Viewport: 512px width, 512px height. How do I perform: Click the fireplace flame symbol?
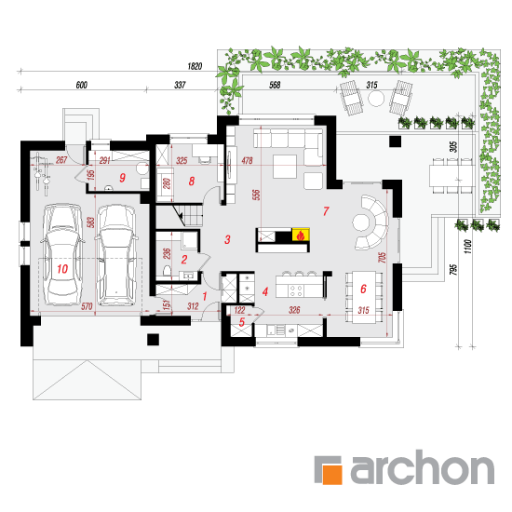pos(301,235)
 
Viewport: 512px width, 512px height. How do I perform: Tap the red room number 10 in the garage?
pos(62,269)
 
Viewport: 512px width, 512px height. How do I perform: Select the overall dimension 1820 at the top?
pos(195,66)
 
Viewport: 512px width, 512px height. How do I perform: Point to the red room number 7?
pos(326,211)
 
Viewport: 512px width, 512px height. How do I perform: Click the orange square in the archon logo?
pos(332,474)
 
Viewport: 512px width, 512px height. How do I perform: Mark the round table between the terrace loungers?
pos(376,99)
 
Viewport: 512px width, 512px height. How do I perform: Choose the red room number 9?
pos(122,178)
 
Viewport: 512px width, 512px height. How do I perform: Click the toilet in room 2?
pos(167,270)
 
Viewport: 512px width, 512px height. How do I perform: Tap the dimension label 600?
pos(82,86)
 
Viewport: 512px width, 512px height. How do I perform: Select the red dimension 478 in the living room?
pos(248,160)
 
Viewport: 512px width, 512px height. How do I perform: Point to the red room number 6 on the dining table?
pos(363,289)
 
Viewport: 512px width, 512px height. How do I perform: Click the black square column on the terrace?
pos(395,142)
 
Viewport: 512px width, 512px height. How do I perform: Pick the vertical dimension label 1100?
pos(467,247)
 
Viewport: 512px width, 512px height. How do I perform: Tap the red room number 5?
pos(242,322)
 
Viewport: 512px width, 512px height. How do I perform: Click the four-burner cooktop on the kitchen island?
pos(296,291)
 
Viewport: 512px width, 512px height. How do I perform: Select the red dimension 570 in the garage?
pos(87,306)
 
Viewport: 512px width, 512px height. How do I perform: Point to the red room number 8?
pos(192,182)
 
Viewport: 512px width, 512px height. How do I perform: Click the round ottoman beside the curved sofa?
pos(361,222)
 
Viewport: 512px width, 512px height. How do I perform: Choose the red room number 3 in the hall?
pos(227,239)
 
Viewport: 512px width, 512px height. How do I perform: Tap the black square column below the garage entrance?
pos(153,340)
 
